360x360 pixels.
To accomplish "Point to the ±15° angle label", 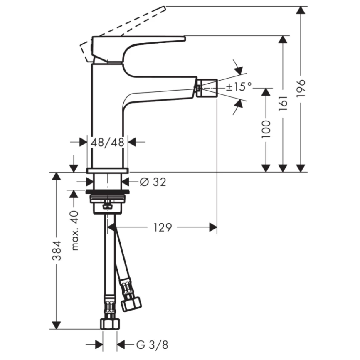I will click(x=239, y=87).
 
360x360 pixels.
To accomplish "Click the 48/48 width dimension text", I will click(x=107, y=142).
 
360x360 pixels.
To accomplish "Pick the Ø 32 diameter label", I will click(x=153, y=182).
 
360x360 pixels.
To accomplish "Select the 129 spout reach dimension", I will click(x=163, y=227).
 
